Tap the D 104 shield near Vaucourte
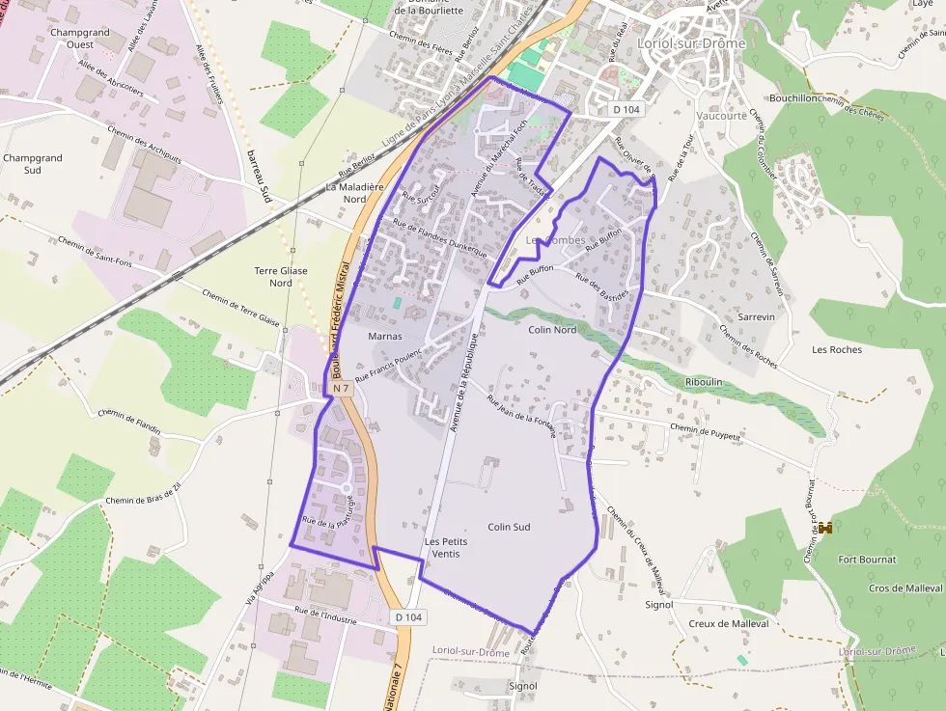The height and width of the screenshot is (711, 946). (x=626, y=110)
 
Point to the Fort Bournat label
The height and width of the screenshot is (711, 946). (x=867, y=560)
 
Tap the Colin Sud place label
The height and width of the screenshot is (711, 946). (x=509, y=527)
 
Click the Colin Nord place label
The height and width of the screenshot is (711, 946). (x=552, y=330)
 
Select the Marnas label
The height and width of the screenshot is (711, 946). (x=385, y=337)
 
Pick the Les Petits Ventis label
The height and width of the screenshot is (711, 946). (x=446, y=548)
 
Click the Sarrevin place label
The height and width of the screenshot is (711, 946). (x=756, y=316)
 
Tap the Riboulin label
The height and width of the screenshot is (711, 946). (x=703, y=382)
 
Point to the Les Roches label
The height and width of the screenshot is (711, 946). (x=837, y=349)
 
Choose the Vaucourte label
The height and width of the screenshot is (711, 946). (x=721, y=116)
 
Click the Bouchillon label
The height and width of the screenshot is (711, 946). (x=794, y=98)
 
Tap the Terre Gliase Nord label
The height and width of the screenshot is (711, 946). (x=280, y=277)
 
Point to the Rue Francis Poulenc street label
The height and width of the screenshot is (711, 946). (x=391, y=366)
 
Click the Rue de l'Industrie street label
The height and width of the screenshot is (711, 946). (x=325, y=616)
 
